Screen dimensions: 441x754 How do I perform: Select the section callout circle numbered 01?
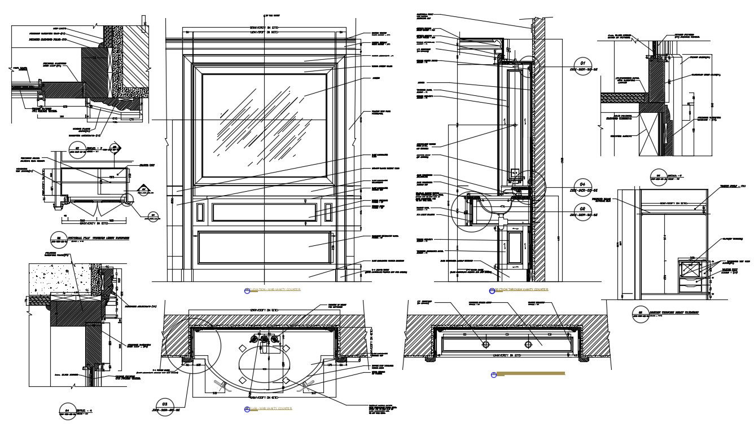pyautogui.click(x=582, y=63)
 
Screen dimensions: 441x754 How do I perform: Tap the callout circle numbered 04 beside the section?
pyautogui.click(x=582, y=185)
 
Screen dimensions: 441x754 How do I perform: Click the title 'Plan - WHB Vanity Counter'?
pyautogui.click(x=270, y=408)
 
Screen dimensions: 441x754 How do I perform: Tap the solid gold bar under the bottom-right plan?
pyautogui.click(x=530, y=373)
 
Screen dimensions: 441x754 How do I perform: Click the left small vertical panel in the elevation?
pyautogui.click(x=200, y=212)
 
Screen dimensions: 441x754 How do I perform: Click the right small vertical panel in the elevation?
pyautogui.click(x=328, y=212)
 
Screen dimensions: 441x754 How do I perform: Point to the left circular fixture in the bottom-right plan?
pyautogui.click(x=485, y=344)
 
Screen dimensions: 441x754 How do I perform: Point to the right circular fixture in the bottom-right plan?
pyautogui.click(x=528, y=344)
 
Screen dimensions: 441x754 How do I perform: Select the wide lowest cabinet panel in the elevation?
pyautogui.click(x=264, y=247)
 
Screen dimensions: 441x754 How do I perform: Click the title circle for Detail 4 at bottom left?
pyautogui.click(x=67, y=411)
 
